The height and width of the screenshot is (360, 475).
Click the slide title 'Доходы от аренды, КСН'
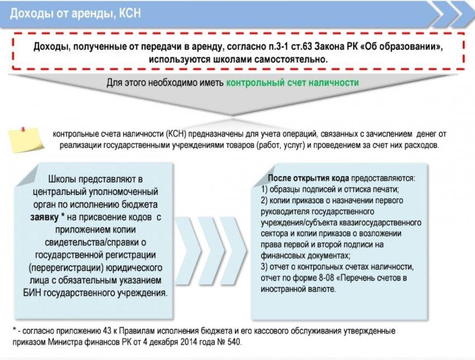pyautogui.click(x=75, y=13)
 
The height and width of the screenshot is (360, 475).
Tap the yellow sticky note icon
pyautogui.click(x=26, y=140)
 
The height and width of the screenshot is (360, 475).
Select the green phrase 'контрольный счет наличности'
pyautogui.click(x=292, y=82)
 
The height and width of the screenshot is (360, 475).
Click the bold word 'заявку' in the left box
pyautogui.click(x=45, y=217)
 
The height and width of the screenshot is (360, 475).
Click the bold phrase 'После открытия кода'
pyautogui.click(x=308, y=178)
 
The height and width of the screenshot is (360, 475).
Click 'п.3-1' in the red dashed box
pyautogui.click(x=279, y=46)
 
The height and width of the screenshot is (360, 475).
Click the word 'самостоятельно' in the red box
pyautogui.click(x=290, y=59)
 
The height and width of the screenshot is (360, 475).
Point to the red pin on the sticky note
pyautogui.click(x=23, y=129)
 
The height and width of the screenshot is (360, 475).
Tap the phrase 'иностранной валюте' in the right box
pyautogui.click(x=298, y=289)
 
